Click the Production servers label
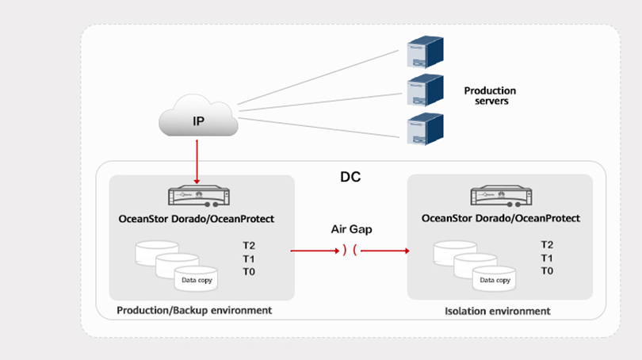click(490, 97)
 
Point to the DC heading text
click(350, 177)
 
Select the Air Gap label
click(350, 229)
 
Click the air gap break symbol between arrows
click(350, 251)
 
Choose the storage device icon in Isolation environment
click(501, 196)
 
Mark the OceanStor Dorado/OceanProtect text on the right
click(501, 218)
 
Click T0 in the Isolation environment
click(547, 271)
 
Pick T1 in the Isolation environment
click(547, 259)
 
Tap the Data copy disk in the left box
click(197, 278)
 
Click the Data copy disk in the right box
click(495, 278)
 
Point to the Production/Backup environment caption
click(194, 310)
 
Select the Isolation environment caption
click(498, 311)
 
